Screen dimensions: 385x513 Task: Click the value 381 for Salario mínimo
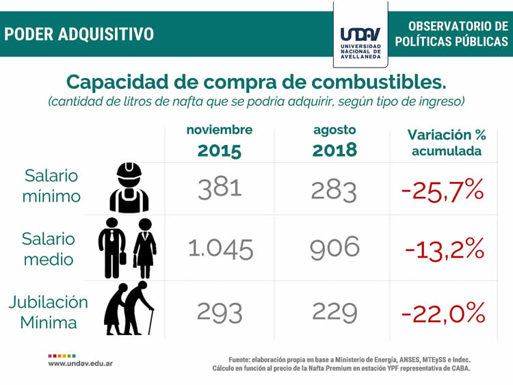coord(220,187)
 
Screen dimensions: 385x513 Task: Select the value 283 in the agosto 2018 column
coord(334,189)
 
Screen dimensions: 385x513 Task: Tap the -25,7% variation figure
coord(443,189)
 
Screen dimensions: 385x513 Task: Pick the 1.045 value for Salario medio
coord(220,249)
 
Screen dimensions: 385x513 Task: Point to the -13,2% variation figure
coord(444,250)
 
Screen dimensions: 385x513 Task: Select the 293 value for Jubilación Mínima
coord(220,312)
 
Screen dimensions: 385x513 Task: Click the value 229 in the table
coord(334,312)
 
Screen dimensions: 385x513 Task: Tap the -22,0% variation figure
coord(443,313)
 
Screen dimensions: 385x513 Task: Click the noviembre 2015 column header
coord(219,141)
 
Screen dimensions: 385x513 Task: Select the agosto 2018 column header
coord(334,141)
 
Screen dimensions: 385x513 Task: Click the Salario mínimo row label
coord(52,185)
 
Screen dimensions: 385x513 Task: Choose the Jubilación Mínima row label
coord(49,312)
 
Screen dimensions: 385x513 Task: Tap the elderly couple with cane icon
coord(129,308)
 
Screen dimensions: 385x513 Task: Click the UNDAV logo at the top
coord(360,39)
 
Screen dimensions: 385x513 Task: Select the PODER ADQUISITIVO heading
coord(79,34)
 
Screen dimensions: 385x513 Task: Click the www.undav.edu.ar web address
coord(81,363)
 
